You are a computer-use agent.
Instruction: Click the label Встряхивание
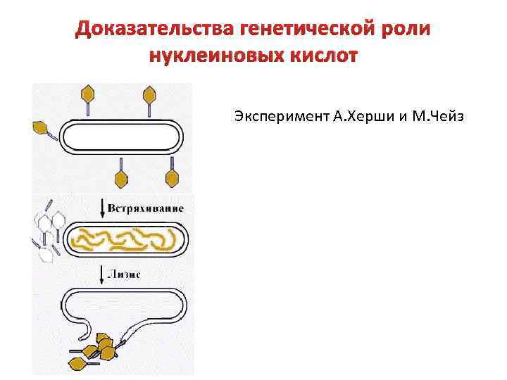point(146,208)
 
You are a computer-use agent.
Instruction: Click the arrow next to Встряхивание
point(103,207)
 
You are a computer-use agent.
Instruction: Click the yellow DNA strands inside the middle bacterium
point(127,240)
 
